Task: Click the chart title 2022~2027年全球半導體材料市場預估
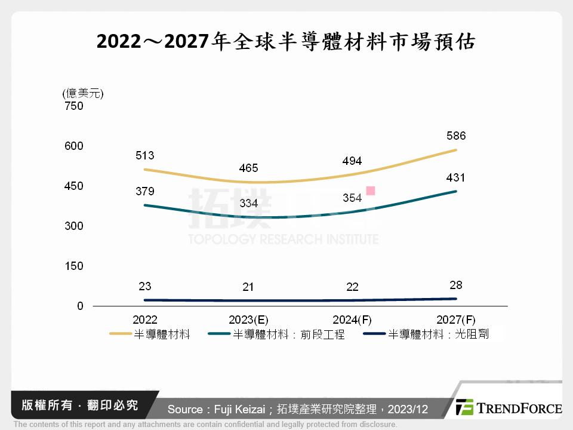click(x=286, y=42)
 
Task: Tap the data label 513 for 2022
click(x=144, y=156)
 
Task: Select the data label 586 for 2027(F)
click(x=456, y=136)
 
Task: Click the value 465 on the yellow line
click(x=248, y=168)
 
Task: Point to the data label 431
click(x=456, y=178)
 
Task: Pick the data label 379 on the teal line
click(x=144, y=192)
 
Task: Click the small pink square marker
click(x=371, y=191)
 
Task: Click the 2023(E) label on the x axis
click(x=248, y=320)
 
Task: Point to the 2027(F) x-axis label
click(x=456, y=320)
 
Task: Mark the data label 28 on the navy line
click(x=456, y=285)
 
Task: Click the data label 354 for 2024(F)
click(x=352, y=198)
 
